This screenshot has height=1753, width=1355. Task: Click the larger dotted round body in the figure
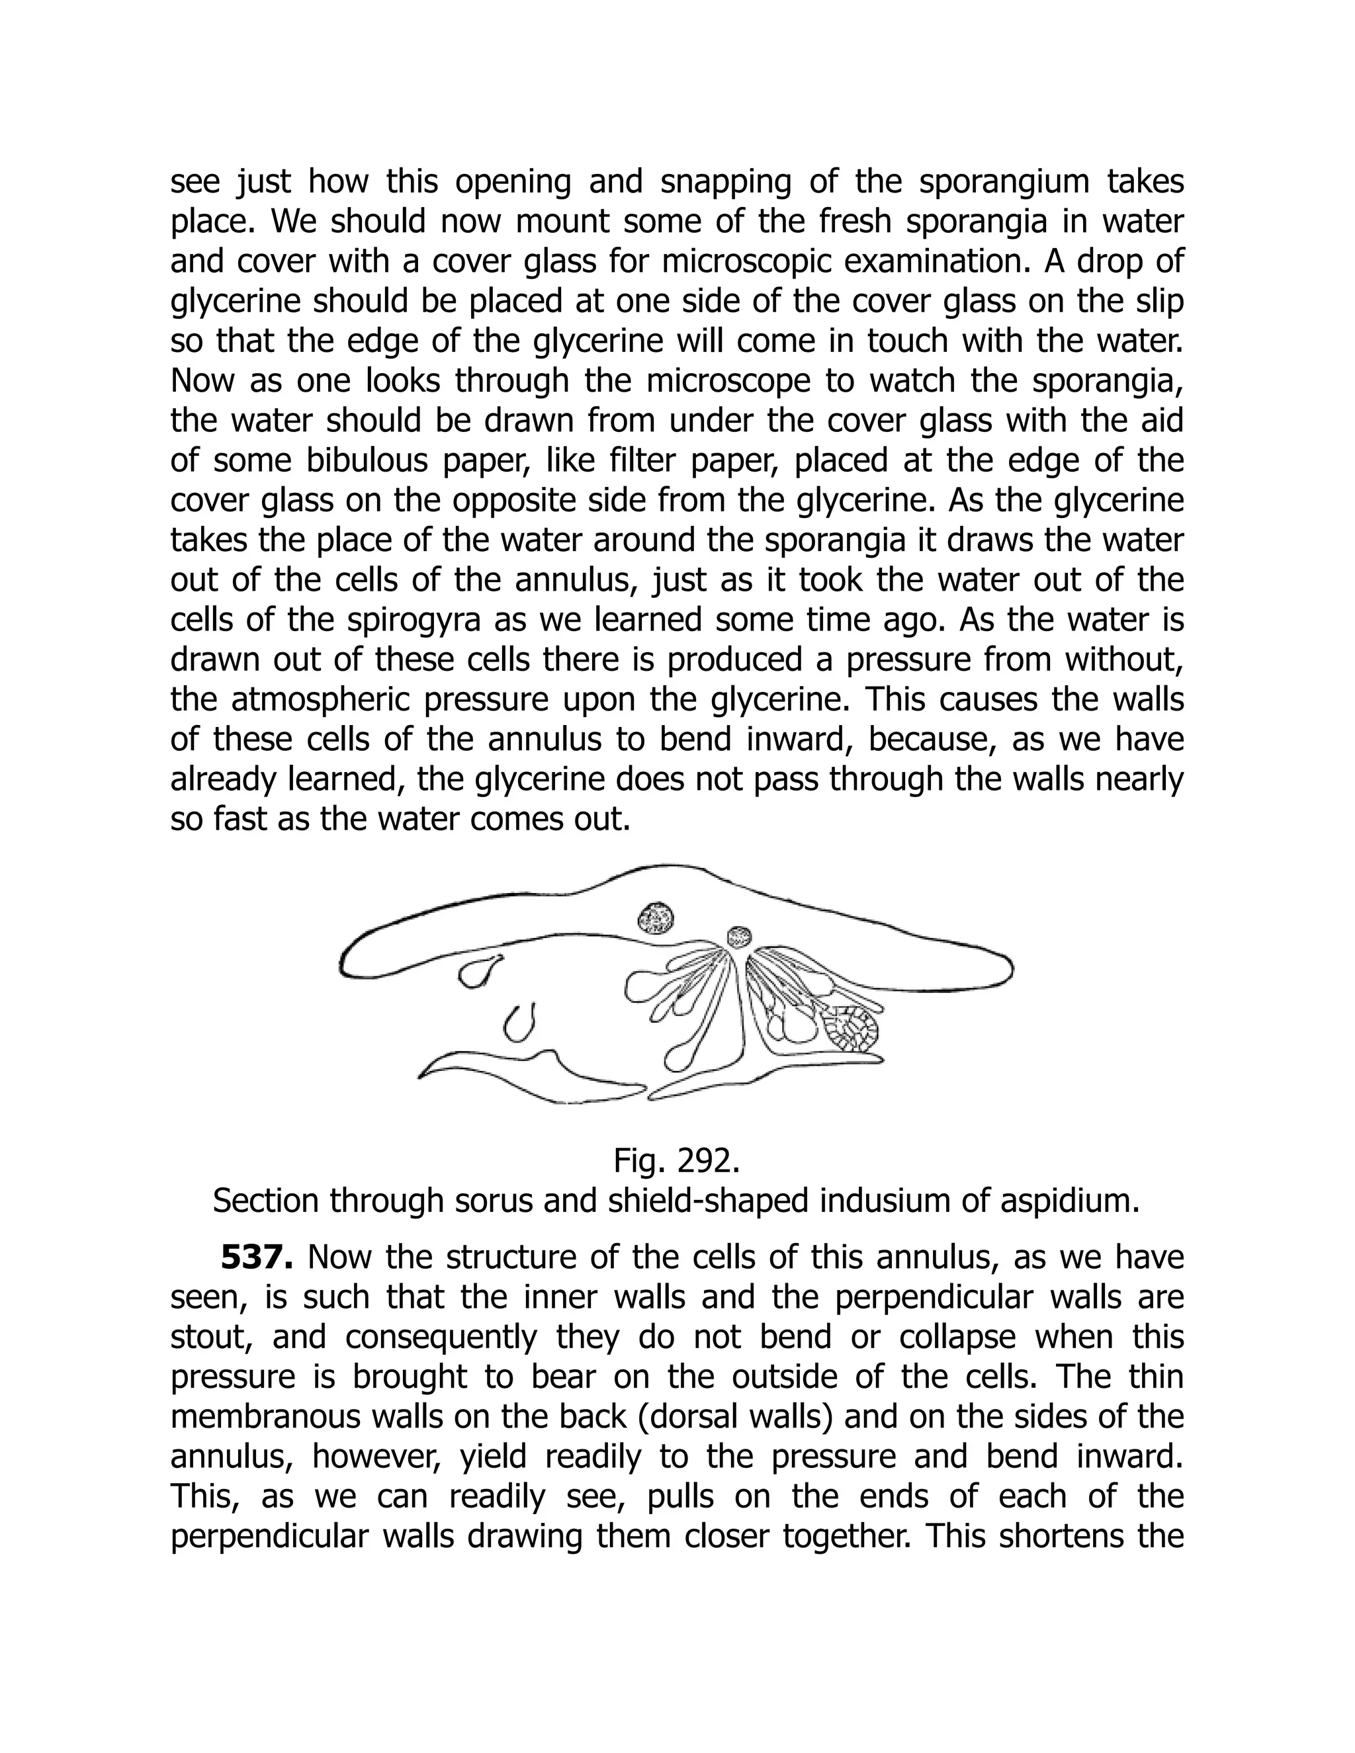coord(656,918)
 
